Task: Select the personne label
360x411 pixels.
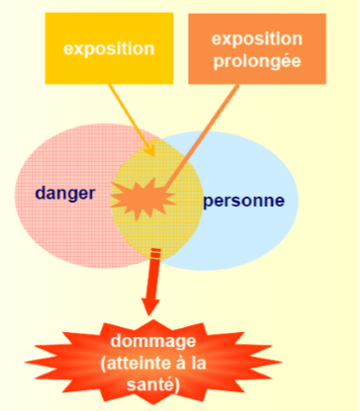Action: (243, 202)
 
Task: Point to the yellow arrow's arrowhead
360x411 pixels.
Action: (149, 150)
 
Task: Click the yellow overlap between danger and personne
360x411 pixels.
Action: (158, 227)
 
